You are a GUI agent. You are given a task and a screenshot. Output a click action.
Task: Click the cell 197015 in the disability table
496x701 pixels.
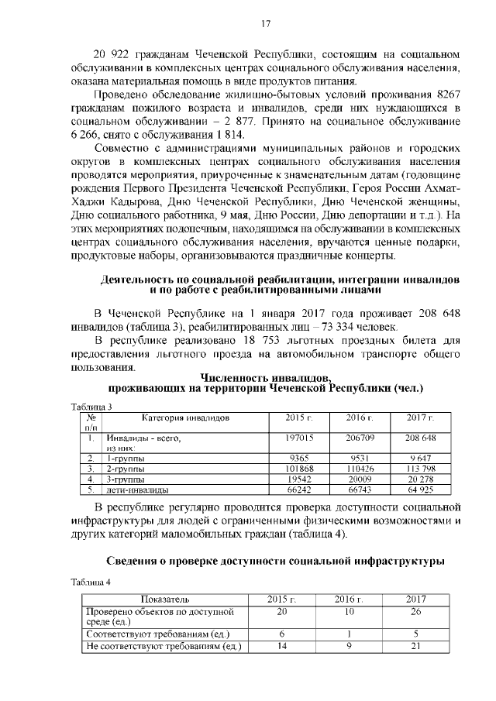(298, 438)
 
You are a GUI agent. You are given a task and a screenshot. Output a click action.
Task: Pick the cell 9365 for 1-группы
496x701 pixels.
(298, 458)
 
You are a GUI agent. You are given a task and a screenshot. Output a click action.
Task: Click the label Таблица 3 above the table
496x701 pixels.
(91, 407)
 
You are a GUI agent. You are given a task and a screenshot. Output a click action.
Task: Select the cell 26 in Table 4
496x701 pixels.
(415, 611)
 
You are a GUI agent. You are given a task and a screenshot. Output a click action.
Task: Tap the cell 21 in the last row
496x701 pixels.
(415, 645)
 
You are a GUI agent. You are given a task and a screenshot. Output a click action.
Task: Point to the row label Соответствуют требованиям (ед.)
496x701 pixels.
(156, 634)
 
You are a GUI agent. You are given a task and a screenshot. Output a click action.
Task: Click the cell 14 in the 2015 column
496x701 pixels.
(281, 645)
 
